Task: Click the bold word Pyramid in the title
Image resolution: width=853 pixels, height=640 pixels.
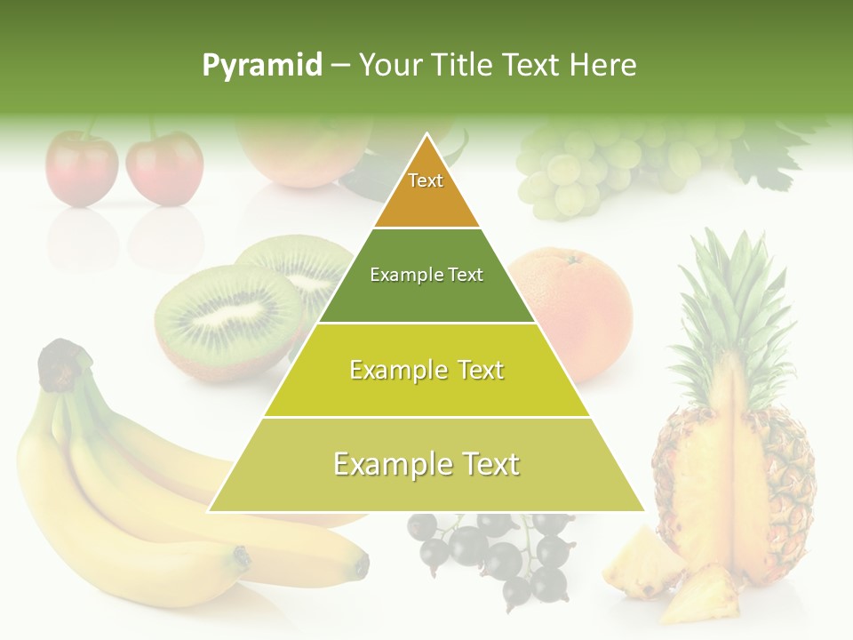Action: [x=261, y=66]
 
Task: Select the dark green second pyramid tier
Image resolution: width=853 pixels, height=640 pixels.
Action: [x=426, y=276]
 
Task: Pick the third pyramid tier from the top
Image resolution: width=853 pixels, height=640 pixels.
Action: [x=426, y=371]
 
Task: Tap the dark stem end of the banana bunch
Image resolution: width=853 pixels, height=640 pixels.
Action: [x=62, y=364]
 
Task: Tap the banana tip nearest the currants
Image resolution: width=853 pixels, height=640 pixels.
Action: [x=359, y=564]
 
